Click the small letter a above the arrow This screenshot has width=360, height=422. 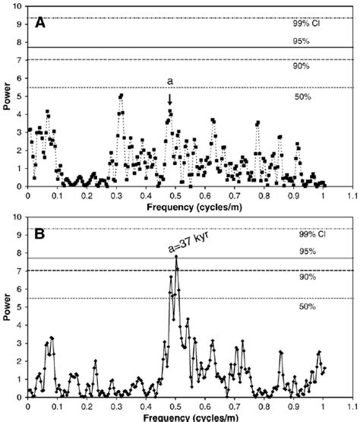[170, 81]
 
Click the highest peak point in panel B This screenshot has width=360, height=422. [176, 256]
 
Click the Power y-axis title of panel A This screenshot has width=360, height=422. [6, 97]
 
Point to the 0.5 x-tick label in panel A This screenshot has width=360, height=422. [176, 195]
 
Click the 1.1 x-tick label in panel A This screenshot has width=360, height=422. [352, 195]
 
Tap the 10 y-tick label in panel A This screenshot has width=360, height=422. [18, 6]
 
